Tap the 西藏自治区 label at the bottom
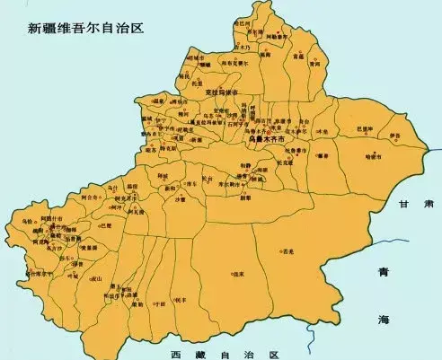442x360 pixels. tap(226, 343)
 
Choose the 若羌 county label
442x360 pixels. tap(287, 252)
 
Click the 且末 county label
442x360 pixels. tap(239, 272)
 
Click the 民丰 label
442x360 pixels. tap(181, 298)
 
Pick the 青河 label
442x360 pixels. tap(314, 64)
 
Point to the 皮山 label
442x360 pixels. tap(97, 279)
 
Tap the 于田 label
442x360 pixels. tap(160, 304)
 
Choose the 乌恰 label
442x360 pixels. tap(26, 220)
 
